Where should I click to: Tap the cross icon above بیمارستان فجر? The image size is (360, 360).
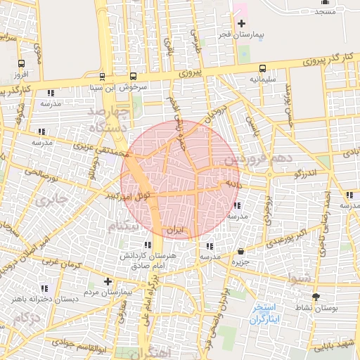(x=241, y=24)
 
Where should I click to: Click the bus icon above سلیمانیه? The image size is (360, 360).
(x=262, y=69)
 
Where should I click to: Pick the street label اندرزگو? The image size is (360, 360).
(x=307, y=172)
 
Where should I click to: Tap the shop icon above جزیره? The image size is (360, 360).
(x=241, y=251)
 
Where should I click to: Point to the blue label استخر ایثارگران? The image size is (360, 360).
(x=265, y=314)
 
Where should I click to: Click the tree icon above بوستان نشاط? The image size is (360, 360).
(x=315, y=297)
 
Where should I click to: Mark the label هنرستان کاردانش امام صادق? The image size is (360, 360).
(x=148, y=261)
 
